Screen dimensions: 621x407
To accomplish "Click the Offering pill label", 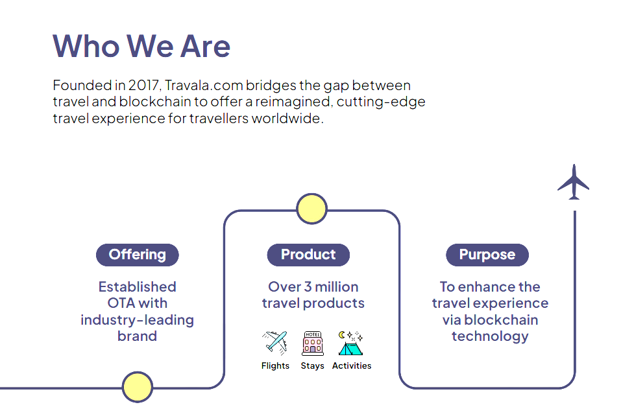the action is (138, 255).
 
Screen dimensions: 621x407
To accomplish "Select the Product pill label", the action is (308, 255).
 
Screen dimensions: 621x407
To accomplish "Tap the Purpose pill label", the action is (487, 255).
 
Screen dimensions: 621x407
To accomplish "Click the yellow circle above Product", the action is (311, 209).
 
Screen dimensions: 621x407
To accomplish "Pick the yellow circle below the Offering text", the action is (138, 387).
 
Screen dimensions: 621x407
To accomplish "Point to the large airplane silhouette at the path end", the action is (574, 183).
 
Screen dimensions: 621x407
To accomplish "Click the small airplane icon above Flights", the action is (275, 343).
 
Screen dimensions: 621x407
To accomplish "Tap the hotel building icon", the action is (313, 343).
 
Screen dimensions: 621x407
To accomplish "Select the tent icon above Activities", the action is (351, 343).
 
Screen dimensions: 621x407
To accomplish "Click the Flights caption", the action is (275, 366).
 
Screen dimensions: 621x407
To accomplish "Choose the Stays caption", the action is (313, 366).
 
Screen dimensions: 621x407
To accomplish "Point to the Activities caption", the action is (352, 366).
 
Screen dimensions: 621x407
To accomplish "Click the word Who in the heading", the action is (86, 46).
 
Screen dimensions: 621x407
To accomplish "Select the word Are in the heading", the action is (205, 47).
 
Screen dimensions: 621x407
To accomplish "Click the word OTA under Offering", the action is (121, 303).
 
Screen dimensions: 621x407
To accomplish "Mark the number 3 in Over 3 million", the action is (308, 286).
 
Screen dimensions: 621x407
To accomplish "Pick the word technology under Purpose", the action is (491, 336).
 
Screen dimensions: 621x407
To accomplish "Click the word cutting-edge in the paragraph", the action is (381, 102).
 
